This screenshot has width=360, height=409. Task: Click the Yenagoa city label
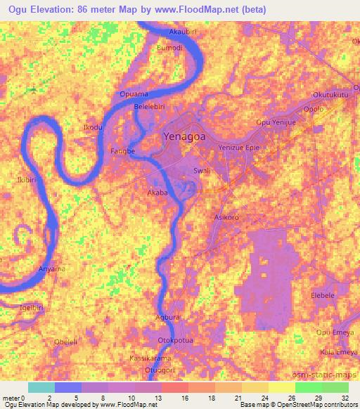[x=184, y=137]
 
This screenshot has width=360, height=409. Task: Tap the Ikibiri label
[x=27, y=181]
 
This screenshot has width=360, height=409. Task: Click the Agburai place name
[x=168, y=318]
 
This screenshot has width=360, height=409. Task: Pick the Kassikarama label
[x=150, y=358]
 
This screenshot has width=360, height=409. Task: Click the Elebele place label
[x=323, y=296]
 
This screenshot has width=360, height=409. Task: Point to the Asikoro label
[x=226, y=218]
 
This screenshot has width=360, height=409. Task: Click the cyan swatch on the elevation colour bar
[x=41, y=387]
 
